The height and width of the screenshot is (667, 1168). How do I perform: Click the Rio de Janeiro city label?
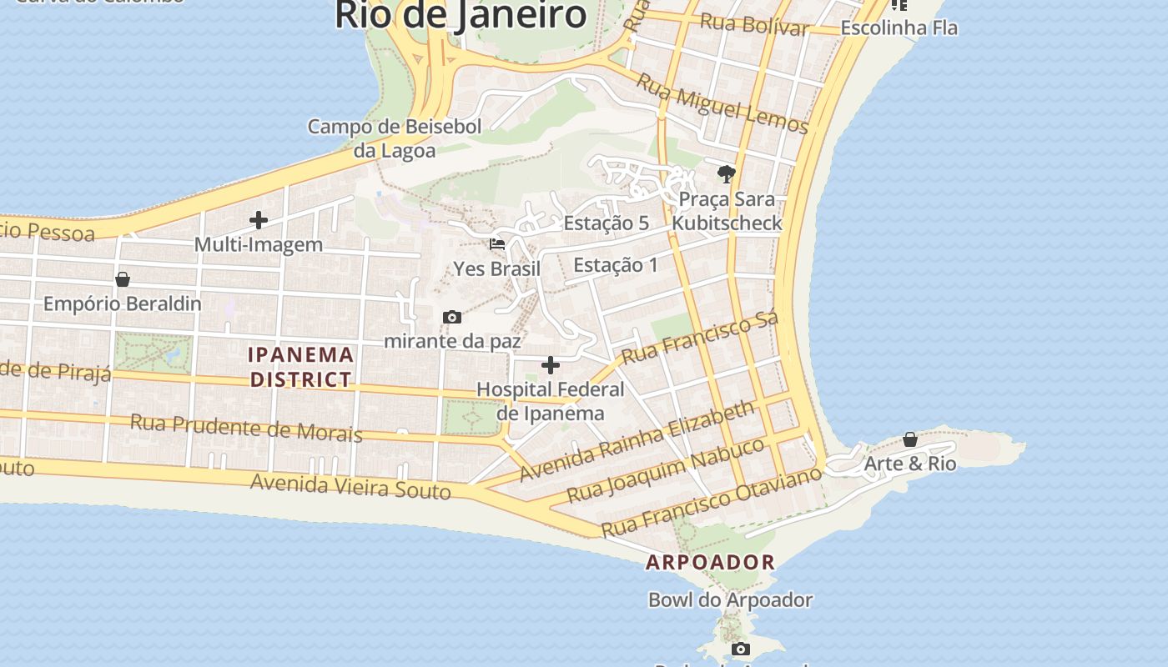[x=461, y=15]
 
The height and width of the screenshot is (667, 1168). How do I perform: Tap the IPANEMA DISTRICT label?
[x=300, y=367]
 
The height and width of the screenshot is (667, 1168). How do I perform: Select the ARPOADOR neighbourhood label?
[x=711, y=562]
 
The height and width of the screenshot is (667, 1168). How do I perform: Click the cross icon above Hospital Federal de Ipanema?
[x=551, y=365]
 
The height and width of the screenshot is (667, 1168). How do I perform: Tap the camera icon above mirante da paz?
[x=452, y=317]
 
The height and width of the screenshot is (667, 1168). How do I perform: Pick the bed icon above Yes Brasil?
[x=497, y=244]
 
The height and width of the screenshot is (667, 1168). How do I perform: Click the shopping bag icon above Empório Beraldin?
[x=123, y=279]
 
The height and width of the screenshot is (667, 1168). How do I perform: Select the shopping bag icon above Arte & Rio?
[x=910, y=439]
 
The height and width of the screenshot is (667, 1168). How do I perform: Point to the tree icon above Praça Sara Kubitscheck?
[x=727, y=174]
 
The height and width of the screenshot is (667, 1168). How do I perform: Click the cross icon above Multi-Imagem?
[x=259, y=220]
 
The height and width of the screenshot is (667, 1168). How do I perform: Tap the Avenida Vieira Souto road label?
[x=350, y=485]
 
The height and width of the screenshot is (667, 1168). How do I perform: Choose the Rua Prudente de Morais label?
[x=246, y=428]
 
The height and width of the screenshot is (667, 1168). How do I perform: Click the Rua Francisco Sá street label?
[x=701, y=337]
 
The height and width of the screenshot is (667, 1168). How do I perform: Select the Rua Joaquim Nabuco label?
[x=666, y=470]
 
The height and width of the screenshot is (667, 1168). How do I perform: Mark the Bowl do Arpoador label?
[x=730, y=599]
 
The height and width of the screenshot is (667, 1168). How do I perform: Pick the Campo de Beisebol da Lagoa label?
[x=395, y=138]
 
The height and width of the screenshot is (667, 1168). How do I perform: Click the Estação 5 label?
[x=606, y=223]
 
